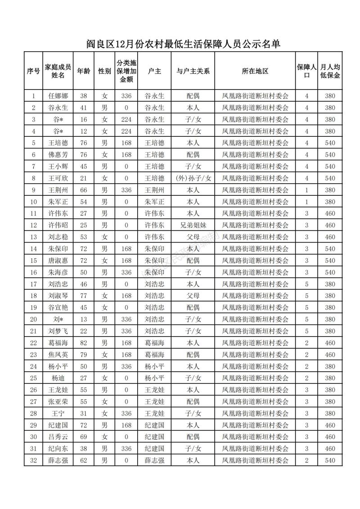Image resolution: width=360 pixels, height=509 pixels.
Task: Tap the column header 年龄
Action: [x=83, y=71]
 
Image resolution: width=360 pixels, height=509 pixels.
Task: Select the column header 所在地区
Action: [x=255, y=71]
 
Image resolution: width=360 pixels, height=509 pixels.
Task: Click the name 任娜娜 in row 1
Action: [x=58, y=96]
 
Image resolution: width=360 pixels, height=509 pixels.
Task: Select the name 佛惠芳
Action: [x=58, y=154]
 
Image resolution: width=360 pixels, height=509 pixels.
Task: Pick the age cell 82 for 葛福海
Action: [x=83, y=342]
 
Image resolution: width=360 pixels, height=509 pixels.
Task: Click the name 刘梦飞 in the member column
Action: [x=58, y=331]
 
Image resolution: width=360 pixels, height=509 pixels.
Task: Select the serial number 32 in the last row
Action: [x=33, y=460]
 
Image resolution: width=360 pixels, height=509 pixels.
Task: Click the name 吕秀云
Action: [x=58, y=437]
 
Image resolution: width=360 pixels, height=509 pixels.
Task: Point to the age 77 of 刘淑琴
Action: [x=83, y=296]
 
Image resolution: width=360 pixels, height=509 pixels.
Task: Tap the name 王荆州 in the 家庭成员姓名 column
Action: [x=58, y=190]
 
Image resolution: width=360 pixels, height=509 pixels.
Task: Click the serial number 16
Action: [x=33, y=272]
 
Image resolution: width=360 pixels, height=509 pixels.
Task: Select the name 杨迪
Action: [x=58, y=378]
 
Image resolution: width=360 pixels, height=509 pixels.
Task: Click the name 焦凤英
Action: [x=58, y=354]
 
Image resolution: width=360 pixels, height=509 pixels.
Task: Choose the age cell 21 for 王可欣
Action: [x=83, y=178]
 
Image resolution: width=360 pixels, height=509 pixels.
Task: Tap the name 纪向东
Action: [x=58, y=448]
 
